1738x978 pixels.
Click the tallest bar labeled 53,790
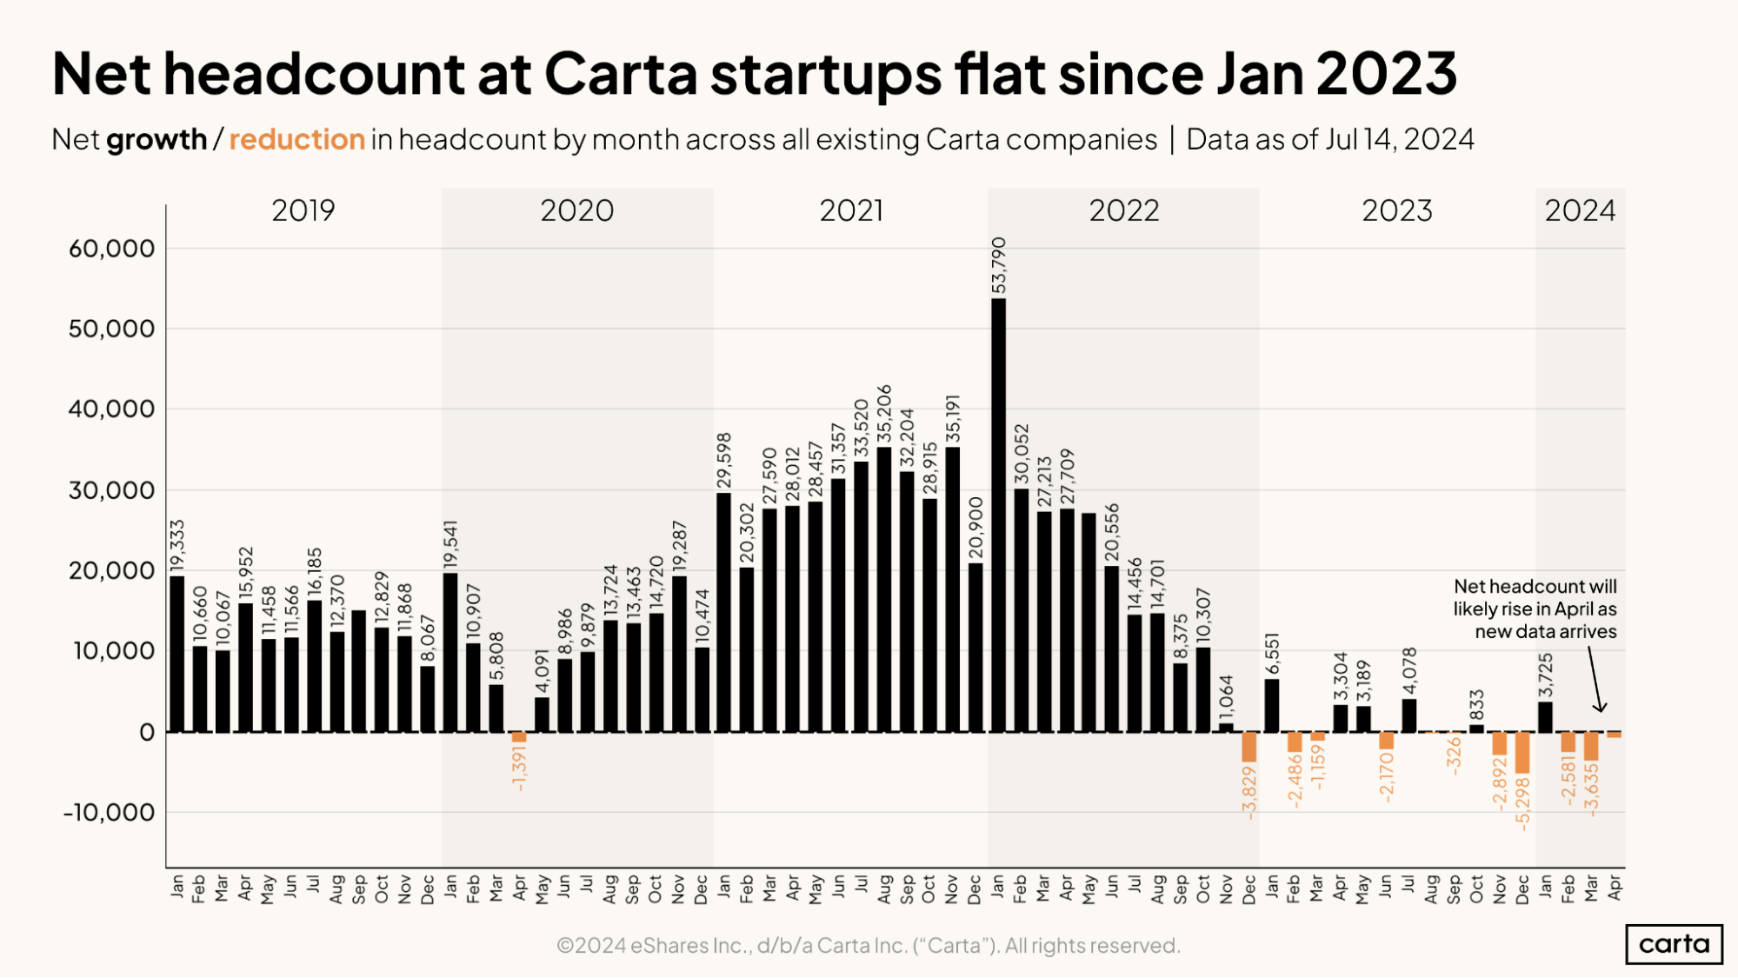(998, 513)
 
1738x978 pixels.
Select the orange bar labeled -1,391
(519, 737)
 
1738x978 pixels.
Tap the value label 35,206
(884, 414)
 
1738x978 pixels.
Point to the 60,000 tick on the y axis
(111, 249)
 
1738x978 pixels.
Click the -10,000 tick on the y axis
(109, 813)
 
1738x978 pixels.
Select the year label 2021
(851, 210)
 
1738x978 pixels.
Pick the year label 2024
(1580, 210)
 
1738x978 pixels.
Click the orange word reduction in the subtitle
(296, 139)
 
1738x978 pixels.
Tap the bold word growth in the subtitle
(156, 139)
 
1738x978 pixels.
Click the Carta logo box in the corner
(1674, 944)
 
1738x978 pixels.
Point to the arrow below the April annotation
(1595, 680)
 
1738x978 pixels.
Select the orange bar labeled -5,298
(1522, 753)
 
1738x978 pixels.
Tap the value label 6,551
(1272, 653)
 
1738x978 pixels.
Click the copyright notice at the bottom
(868, 945)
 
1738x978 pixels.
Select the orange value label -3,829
(1249, 792)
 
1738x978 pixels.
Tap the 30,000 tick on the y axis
(111, 490)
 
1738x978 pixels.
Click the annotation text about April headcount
(1535, 609)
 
